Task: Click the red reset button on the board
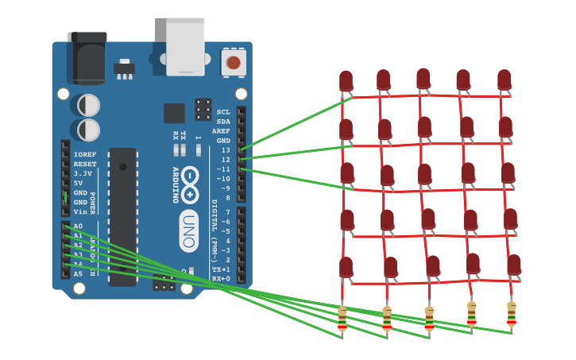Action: [x=233, y=63]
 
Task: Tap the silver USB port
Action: [x=185, y=46]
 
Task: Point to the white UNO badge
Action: [x=188, y=231]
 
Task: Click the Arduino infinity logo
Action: [x=189, y=184]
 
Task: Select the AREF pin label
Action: [x=221, y=131]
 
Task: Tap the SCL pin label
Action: [x=223, y=112]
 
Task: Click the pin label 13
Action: [x=225, y=150]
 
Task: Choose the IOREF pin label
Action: [x=85, y=154]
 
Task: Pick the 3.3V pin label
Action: [x=83, y=173]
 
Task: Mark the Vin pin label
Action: [x=79, y=212]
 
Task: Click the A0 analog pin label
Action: [x=78, y=226]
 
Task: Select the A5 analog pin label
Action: [x=78, y=274]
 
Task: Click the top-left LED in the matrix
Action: [x=346, y=81]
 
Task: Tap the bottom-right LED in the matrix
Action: [x=514, y=265]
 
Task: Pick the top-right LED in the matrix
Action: [x=504, y=79]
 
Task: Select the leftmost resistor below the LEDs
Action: [x=342, y=318]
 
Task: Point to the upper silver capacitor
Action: [x=88, y=105]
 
